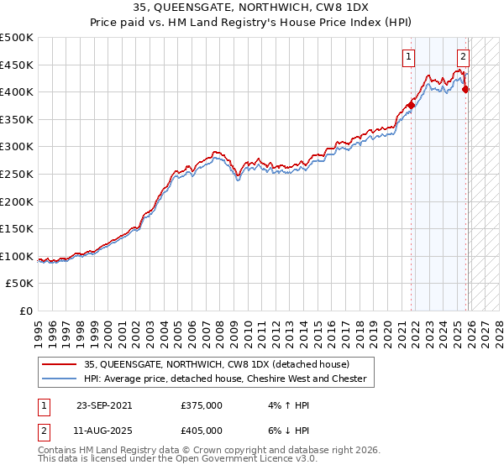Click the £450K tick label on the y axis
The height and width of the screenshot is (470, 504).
coord(17,65)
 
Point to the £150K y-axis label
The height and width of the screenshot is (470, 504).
coord(17,229)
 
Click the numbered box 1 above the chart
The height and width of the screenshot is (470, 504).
coord(408,58)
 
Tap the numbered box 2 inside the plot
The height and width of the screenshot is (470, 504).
coord(463,58)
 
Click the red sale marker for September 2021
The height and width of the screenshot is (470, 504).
coord(412,105)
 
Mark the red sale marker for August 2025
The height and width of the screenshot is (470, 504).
coord(466,90)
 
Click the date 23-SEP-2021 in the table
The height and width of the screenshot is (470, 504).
coord(104,405)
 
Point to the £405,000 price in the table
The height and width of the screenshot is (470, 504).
coord(202,430)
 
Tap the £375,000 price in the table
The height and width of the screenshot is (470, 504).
coord(202,405)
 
